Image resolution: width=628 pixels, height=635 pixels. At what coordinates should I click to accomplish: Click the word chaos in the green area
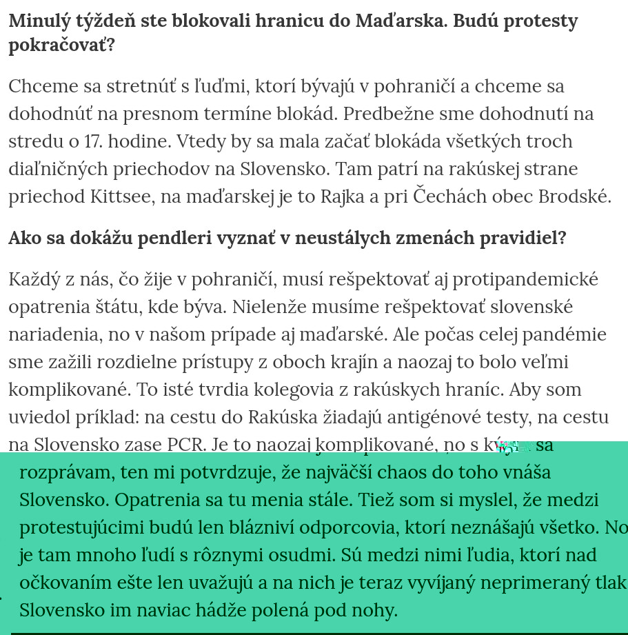(396, 472)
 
